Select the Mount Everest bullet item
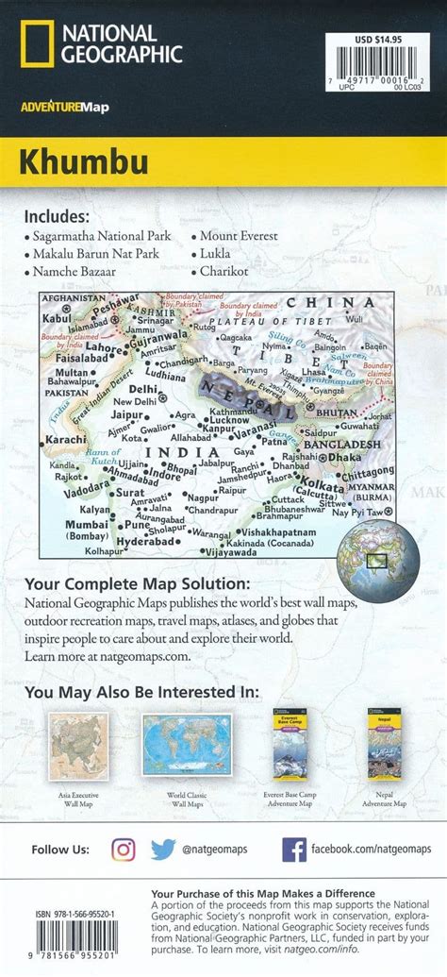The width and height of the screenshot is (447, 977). point(240,236)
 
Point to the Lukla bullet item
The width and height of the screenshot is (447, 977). point(215,254)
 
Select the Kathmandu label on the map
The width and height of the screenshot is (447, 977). point(237,413)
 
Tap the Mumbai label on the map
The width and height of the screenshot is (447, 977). point(86,524)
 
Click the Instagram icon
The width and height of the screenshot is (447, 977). point(124,849)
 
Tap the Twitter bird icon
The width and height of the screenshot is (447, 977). point(163,849)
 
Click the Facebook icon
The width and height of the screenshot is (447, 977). point(294,849)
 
